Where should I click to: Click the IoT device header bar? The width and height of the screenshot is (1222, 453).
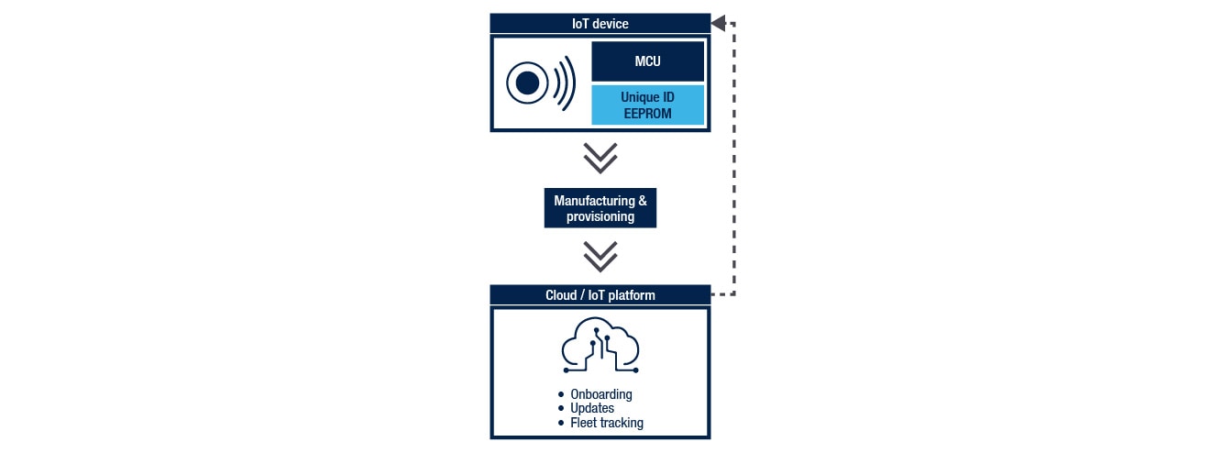coord(600,23)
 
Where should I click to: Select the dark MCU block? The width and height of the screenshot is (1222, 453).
coord(647,61)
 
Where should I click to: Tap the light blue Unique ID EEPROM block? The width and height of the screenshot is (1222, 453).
coord(647,105)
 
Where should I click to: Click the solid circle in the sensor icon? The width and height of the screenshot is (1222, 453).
coord(527,83)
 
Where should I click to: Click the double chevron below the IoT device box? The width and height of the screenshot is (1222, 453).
coord(600,159)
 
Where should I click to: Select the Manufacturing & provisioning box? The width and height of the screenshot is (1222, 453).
coord(600,208)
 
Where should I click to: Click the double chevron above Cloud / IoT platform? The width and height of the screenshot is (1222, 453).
coord(600,257)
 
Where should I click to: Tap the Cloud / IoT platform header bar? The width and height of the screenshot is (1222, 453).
coord(600,295)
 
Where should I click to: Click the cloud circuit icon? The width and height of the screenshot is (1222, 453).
coord(600,348)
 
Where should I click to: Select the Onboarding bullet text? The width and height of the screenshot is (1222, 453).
coord(600,394)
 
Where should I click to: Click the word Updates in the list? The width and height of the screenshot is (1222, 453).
coord(592,408)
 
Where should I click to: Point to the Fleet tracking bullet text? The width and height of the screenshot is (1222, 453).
coord(606,423)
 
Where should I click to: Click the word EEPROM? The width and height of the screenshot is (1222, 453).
coord(647,114)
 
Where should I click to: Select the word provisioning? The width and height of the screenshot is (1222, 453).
coord(600,216)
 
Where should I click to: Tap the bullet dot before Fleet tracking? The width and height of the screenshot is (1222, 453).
coord(561,423)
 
